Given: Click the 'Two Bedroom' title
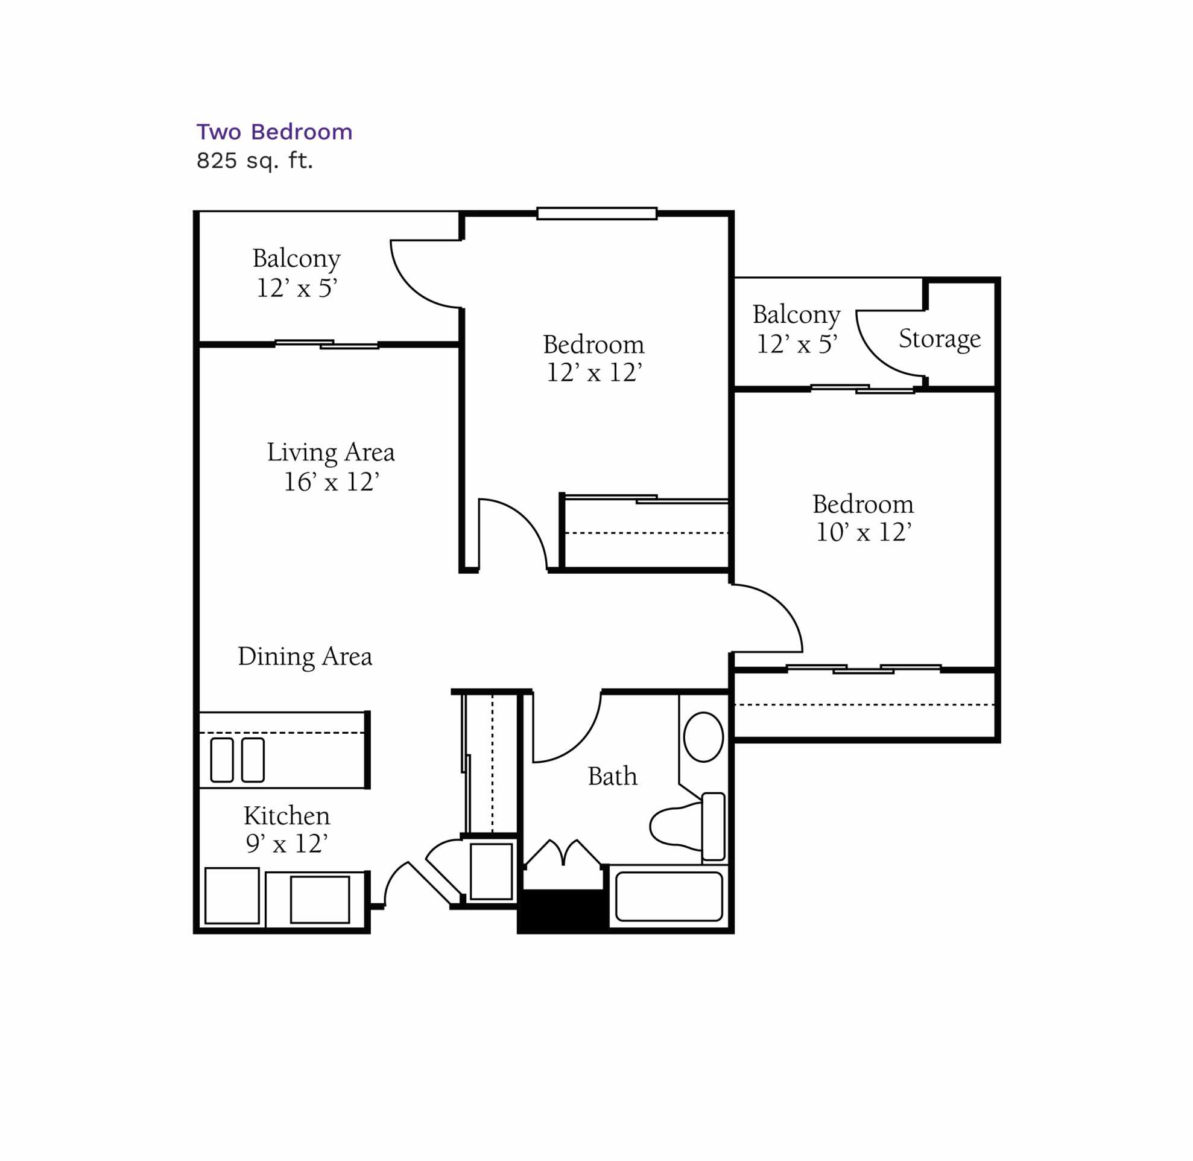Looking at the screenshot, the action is (x=274, y=132).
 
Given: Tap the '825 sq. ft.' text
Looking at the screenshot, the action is (x=254, y=161).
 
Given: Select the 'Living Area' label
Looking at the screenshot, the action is (x=331, y=453).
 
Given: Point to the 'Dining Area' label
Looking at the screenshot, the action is (x=305, y=657).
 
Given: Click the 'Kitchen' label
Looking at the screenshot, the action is (x=286, y=816).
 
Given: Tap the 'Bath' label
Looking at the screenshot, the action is (x=612, y=776).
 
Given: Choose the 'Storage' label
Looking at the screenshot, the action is (x=940, y=339).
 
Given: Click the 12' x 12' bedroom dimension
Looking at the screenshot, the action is (x=593, y=372).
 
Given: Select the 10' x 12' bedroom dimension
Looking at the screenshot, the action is (x=863, y=532).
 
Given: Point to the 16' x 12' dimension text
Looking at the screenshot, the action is (x=331, y=482).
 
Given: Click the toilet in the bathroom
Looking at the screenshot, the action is (x=688, y=827).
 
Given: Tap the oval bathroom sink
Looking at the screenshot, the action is (x=703, y=737).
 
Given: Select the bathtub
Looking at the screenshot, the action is (x=669, y=896).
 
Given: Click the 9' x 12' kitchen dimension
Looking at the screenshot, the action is (x=286, y=844).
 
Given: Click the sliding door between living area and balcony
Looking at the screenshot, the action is (x=327, y=345).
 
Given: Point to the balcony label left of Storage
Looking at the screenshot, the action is (x=796, y=329).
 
